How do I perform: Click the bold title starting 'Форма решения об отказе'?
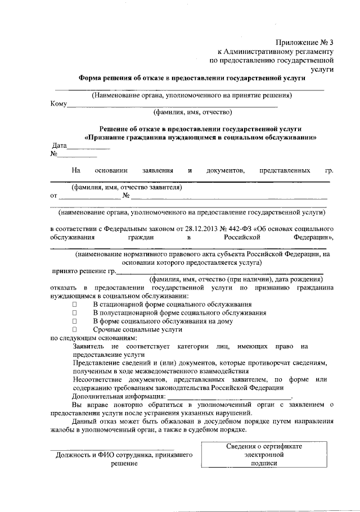(191, 78)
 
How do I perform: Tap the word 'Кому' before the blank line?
(58, 104)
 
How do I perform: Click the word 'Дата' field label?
(60, 145)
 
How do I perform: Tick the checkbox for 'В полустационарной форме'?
(74, 312)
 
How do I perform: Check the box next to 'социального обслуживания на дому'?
(74, 320)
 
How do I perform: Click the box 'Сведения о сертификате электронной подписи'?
(260, 455)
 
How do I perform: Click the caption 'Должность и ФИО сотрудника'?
(124, 455)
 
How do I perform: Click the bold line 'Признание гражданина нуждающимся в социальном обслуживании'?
(200, 137)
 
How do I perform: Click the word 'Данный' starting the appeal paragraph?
(85, 421)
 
